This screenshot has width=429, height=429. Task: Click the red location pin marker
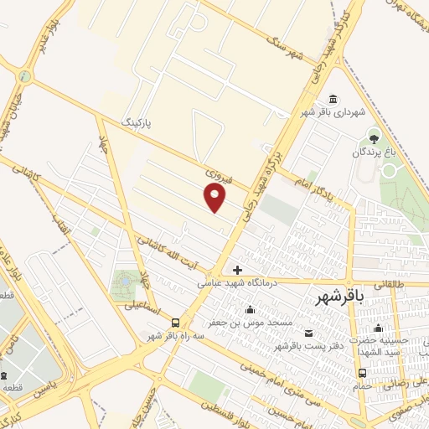tap(215, 197)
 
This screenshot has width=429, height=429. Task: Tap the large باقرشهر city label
tap(344, 298)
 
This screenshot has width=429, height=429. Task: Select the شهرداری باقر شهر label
tap(334, 111)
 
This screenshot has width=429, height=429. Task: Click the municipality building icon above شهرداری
tap(333, 98)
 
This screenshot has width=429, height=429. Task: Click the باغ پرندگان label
tap(374, 152)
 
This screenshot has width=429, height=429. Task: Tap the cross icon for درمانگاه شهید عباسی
tap(238, 270)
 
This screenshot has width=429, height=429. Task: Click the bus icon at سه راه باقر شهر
tap(175, 323)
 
